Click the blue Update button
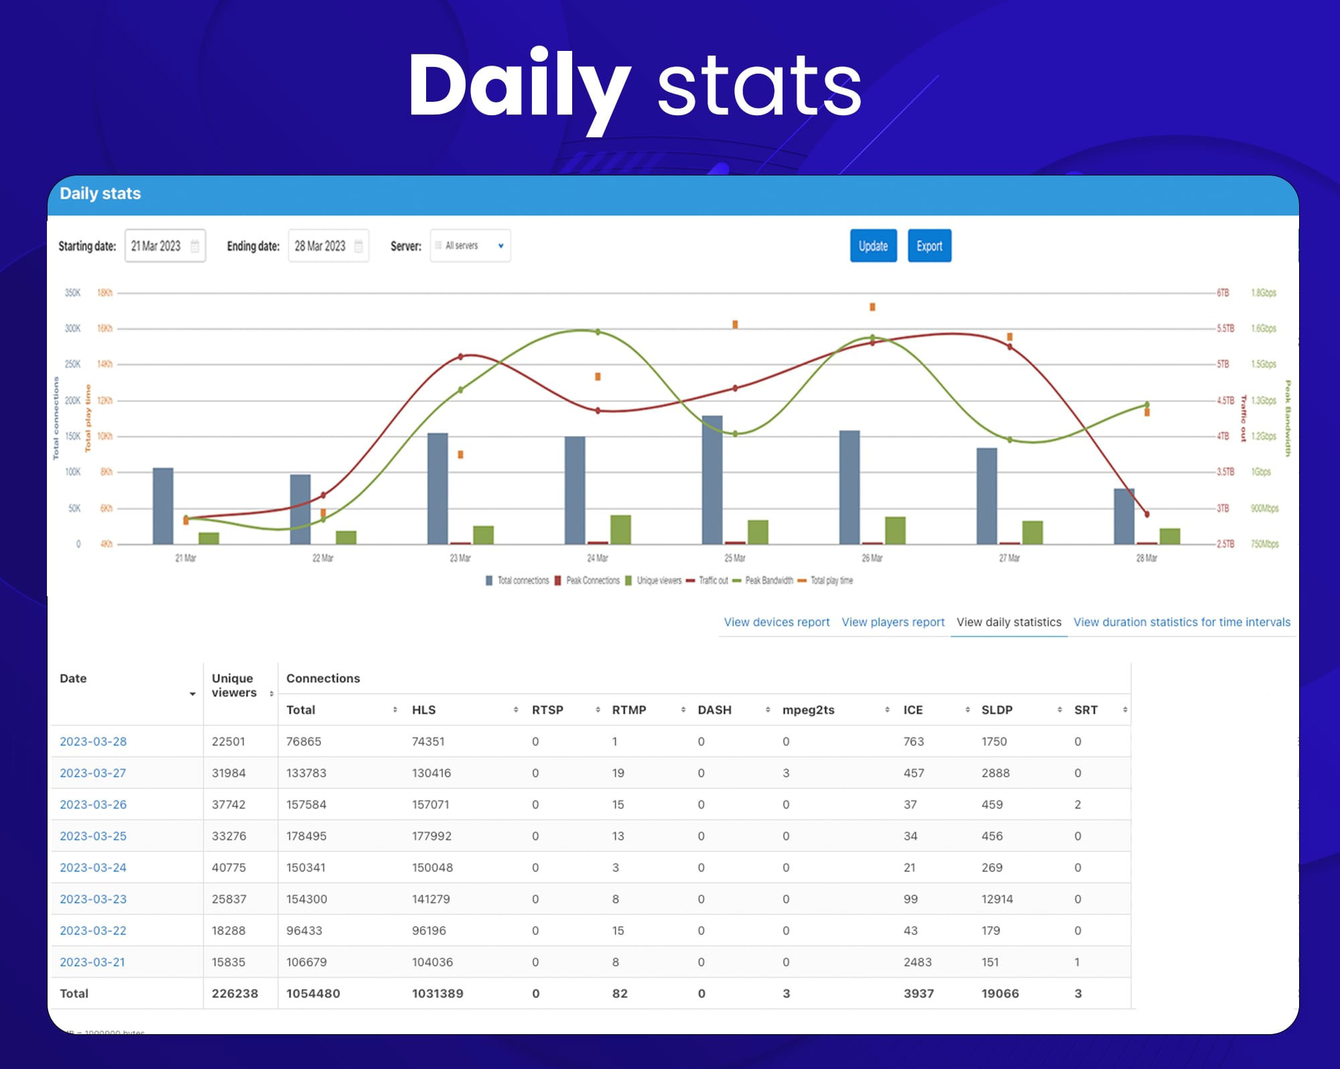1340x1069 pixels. pyautogui.click(x=873, y=246)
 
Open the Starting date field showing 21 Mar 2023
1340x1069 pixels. pyautogui.click(x=164, y=246)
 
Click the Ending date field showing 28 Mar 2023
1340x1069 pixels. pyautogui.click(x=328, y=246)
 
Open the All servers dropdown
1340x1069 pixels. pyautogui.click(x=470, y=246)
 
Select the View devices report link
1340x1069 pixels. pyautogui.click(x=777, y=622)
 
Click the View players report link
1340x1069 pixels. pyautogui.click(x=892, y=622)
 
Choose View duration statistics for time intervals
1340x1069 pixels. pyautogui.click(x=1181, y=622)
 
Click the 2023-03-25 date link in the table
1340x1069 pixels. pyautogui.click(x=93, y=836)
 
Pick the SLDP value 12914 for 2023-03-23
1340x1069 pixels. pyautogui.click(x=997, y=899)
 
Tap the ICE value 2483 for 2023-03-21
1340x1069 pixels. pyautogui.click(x=917, y=962)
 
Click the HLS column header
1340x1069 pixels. pyautogui.click(x=424, y=710)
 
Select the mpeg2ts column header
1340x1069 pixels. pyautogui.click(x=808, y=710)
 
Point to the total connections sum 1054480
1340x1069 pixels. pyautogui.click(x=313, y=993)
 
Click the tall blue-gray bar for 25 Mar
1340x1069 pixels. pyautogui.click(x=712, y=479)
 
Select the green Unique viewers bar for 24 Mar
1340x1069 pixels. pyautogui.click(x=620, y=529)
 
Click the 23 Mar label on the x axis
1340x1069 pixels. pyautogui.click(x=460, y=558)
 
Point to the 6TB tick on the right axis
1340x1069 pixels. pyautogui.click(x=1223, y=293)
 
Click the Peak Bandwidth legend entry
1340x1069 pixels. pyautogui.click(x=768, y=581)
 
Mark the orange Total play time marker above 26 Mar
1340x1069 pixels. pyautogui.click(x=872, y=307)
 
